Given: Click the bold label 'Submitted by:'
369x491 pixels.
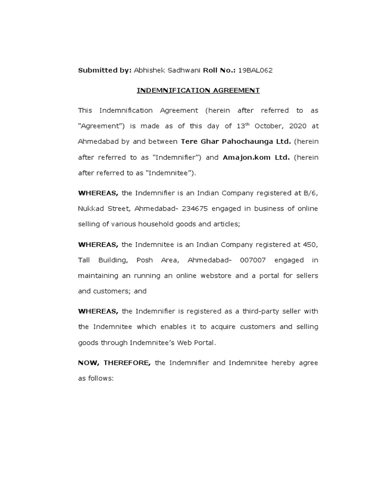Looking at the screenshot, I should click(104, 70).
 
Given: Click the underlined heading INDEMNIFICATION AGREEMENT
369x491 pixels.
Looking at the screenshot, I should click(198, 90).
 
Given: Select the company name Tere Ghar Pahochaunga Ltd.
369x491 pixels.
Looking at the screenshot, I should click(235, 142).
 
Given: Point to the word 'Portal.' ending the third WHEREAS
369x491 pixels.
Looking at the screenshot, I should click(204, 343).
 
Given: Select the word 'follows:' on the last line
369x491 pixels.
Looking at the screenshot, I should click(100, 378).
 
